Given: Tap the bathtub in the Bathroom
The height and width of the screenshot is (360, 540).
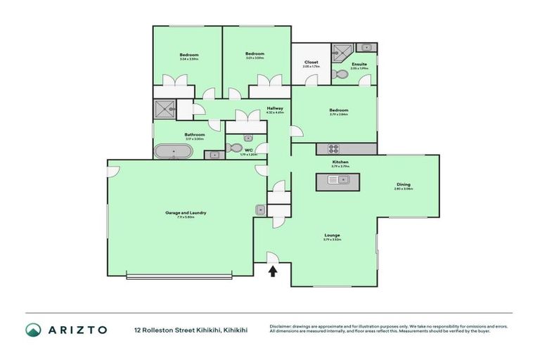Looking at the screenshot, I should (168, 151).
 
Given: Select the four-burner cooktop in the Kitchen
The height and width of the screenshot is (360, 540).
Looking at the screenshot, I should (333, 149).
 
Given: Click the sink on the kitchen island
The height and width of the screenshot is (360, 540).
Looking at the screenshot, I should (335, 181).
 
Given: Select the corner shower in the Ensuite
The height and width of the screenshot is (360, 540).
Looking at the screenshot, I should (342, 53).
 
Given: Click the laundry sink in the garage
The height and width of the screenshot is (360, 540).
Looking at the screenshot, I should (260, 209).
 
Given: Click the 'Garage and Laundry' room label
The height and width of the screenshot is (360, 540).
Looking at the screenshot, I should (186, 212).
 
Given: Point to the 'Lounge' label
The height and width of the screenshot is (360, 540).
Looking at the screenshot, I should (333, 235).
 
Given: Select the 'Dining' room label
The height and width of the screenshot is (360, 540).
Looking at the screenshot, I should (404, 185).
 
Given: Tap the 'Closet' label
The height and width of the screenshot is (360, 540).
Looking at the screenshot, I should (311, 62).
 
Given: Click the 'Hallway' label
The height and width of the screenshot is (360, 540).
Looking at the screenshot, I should (275, 108).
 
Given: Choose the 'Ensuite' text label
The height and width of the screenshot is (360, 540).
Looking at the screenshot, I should (359, 64).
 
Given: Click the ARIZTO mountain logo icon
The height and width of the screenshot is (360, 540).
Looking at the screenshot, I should (33, 329).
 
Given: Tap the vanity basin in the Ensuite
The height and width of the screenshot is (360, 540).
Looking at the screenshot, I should (366, 47).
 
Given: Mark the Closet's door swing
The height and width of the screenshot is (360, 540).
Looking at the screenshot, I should (311, 79).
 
